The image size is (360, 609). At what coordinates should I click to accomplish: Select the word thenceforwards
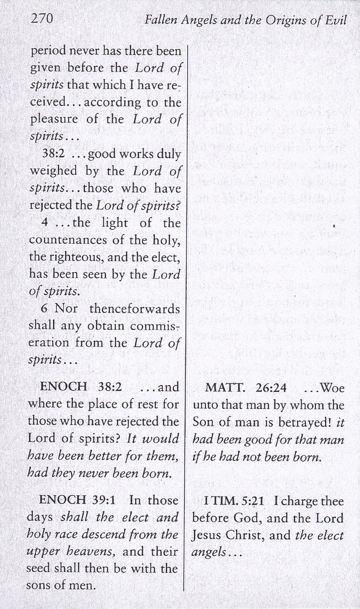135,309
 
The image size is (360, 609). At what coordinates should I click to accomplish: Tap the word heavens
91,552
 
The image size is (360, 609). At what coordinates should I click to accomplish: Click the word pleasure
54,119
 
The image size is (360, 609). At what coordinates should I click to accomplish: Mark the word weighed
54,171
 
